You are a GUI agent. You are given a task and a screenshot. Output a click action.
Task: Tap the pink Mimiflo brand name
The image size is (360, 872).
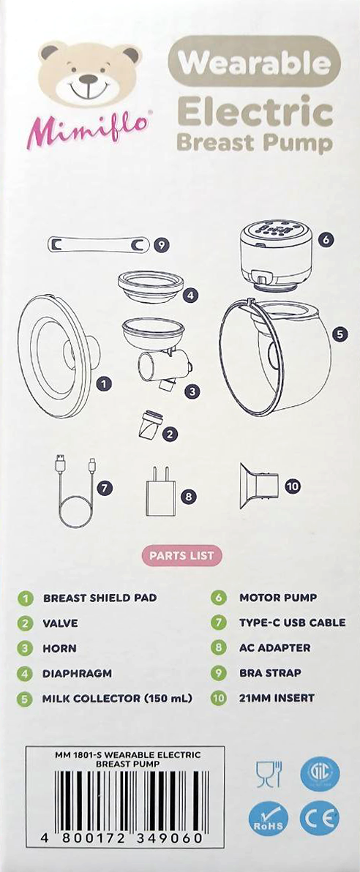click(x=88, y=129)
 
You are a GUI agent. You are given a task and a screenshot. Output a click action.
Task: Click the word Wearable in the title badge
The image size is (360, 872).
click(x=255, y=64)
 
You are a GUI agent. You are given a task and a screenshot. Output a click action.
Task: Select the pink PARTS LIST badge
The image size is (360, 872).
click(x=182, y=555)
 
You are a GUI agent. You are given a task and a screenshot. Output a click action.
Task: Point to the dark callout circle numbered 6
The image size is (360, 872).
click(x=326, y=239)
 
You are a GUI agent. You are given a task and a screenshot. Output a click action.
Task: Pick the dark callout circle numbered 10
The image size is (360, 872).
click(x=293, y=486)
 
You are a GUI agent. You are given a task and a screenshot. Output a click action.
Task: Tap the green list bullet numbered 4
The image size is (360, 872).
click(x=24, y=674)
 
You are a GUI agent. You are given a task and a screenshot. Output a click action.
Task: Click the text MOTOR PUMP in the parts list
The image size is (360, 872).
click(x=278, y=598)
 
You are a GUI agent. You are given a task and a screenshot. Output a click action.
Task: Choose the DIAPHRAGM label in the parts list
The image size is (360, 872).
click(x=78, y=674)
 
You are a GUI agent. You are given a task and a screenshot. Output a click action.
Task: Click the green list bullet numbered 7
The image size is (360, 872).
click(x=219, y=623)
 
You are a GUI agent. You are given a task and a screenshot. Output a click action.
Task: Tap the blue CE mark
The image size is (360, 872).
click(x=319, y=818)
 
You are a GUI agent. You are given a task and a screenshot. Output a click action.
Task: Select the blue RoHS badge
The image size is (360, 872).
click(x=269, y=818)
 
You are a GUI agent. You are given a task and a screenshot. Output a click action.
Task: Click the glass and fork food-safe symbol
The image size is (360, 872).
click(x=269, y=774)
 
